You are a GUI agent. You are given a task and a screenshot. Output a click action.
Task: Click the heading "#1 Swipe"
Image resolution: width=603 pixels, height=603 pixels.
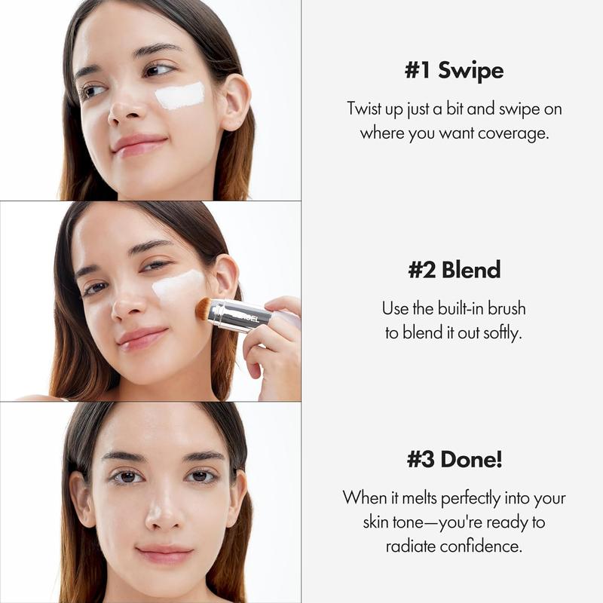(x=454, y=71)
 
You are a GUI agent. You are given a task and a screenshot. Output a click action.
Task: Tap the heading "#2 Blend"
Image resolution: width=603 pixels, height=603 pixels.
(x=454, y=270)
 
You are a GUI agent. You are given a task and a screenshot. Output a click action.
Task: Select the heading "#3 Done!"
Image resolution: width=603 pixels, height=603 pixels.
(x=454, y=459)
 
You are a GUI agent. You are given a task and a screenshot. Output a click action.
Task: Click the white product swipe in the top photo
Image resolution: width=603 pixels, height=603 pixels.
(x=180, y=96)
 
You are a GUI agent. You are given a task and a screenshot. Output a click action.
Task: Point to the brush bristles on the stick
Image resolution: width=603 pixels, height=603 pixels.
(x=203, y=307)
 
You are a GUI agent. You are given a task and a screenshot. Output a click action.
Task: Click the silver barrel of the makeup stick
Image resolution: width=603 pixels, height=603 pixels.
(x=240, y=314)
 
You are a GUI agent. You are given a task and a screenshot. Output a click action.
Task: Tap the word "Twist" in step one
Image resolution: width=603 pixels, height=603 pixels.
(x=365, y=109)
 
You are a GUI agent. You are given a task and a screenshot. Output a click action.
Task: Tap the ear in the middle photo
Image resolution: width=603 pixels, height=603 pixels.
(x=226, y=279)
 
